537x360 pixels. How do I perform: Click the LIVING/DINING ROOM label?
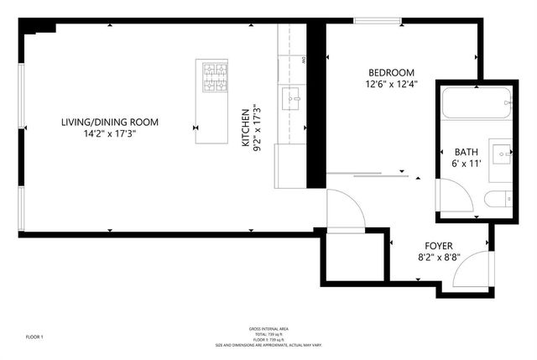[x=109, y=123]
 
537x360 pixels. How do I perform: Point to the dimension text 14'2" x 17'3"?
[x=109, y=133]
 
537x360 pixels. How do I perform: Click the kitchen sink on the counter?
[x=291, y=97]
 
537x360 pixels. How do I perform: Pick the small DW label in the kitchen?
[x=303, y=60]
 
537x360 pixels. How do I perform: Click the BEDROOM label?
[x=391, y=73]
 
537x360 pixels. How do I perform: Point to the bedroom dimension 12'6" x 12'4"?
[x=391, y=84]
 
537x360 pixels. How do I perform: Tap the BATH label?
[x=467, y=152]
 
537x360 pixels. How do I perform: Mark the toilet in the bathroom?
[x=496, y=199]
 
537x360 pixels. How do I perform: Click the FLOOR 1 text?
[x=34, y=337]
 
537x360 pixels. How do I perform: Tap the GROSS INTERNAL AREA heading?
[x=268, y=328]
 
